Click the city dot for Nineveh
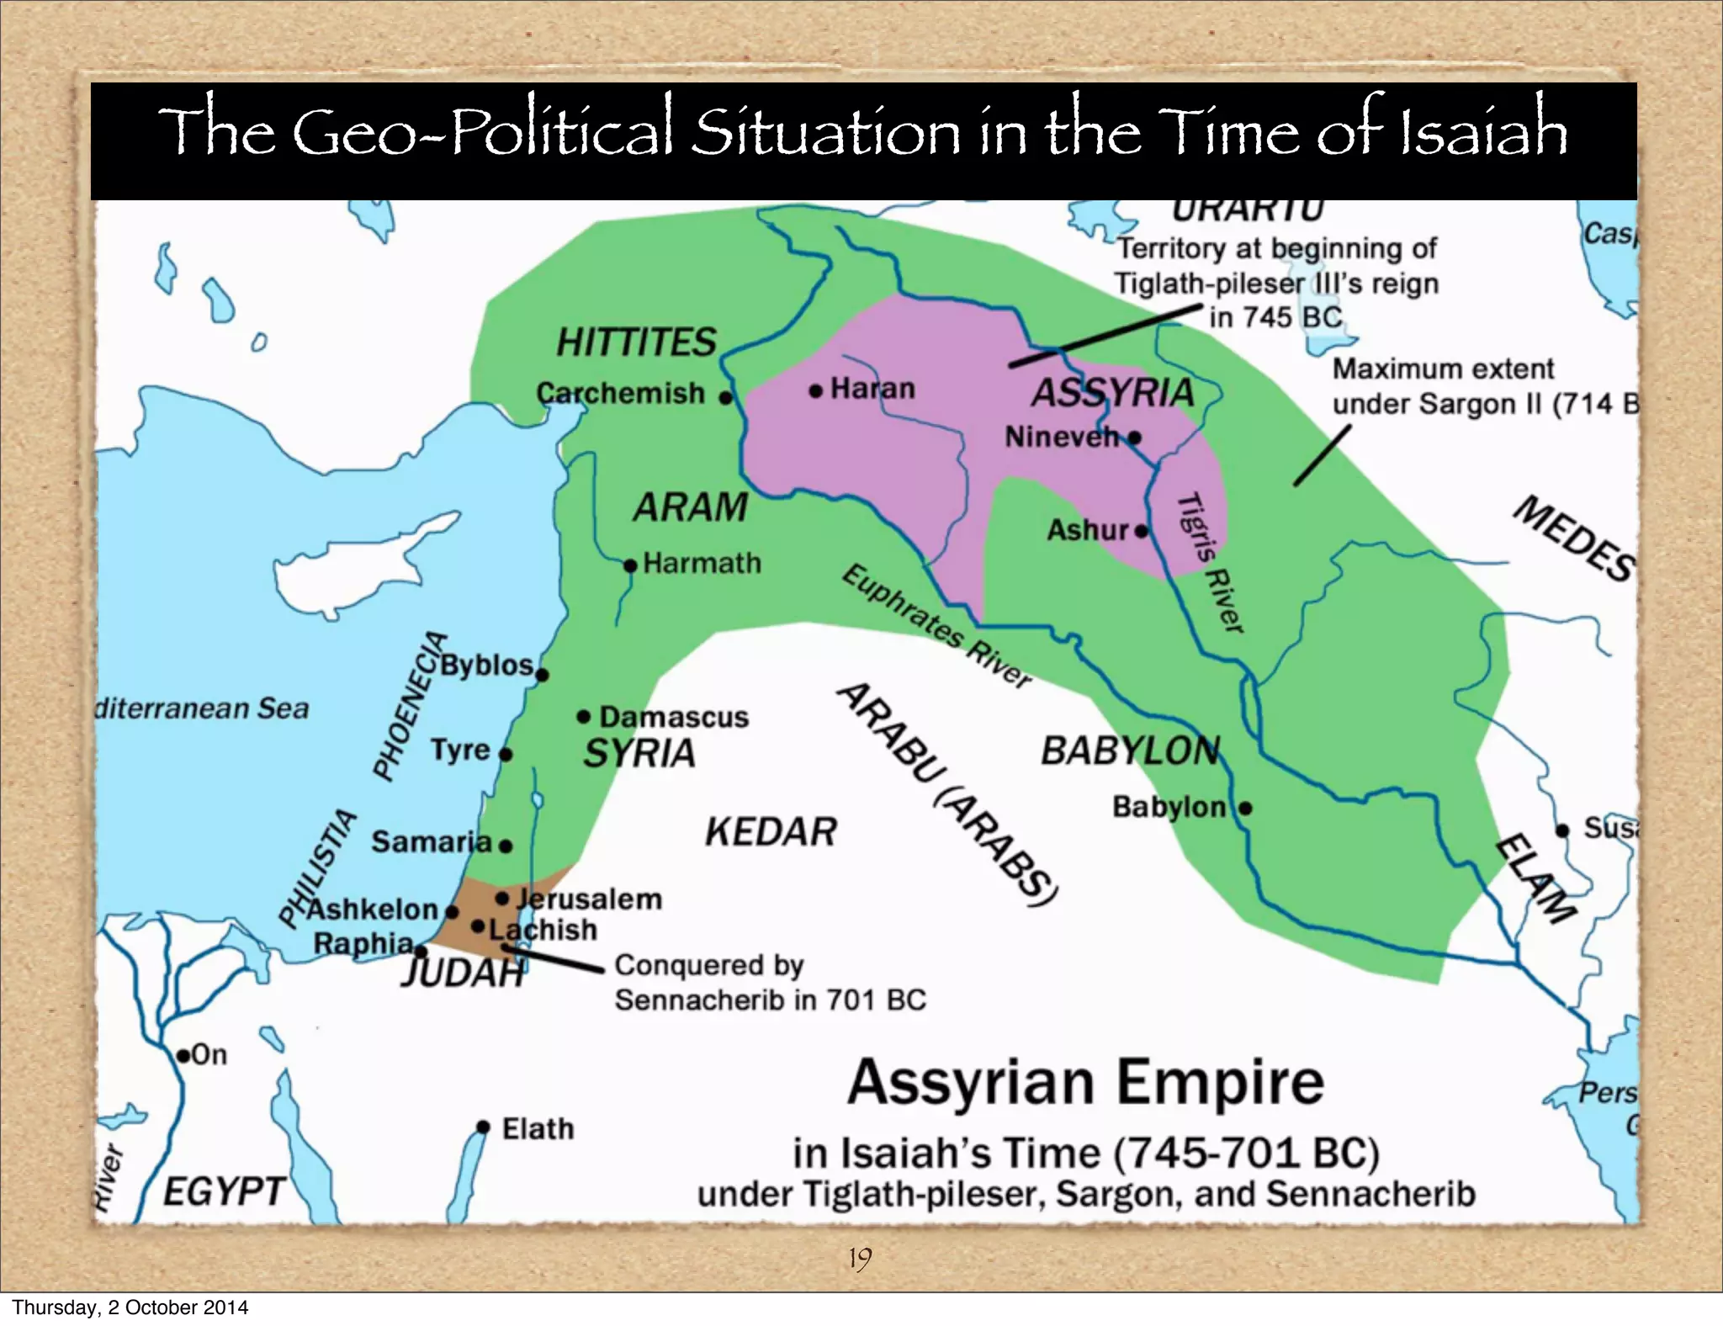(x=1134, y=438)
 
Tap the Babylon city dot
(x=1245, y=809)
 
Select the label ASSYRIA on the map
(x=1112, y=393)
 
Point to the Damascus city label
(x=673, y=717)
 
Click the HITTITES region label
(x=636, y=342)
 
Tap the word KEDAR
(x=771, y=832)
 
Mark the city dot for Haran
(x=815, y=391)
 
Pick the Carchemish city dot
(x=726, y=397)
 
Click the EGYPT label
(x=224, y=1191)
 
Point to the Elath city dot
(x=483, y=1127)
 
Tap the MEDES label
(x=1574, y=539)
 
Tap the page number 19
(x=860, y=1259)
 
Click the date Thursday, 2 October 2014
(x=130, y=1307)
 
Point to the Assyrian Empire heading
(x=1085, y=1083)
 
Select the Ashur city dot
(x=1141, y=531)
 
